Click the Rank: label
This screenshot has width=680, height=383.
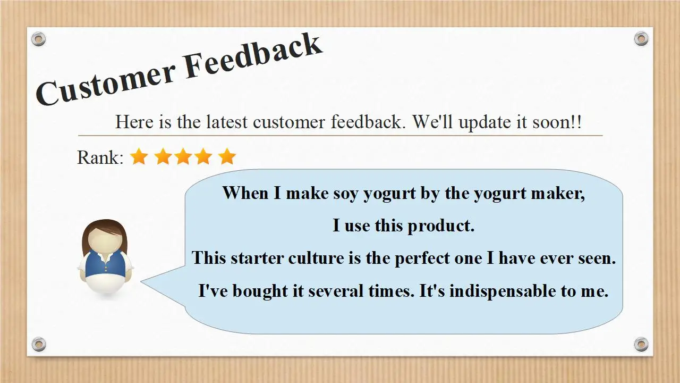pyautogui.click(x=100, y=157)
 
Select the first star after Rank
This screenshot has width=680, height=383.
pyautogui.click(x=139, y=157)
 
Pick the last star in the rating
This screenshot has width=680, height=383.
pyautogui.click(x=227, y=157)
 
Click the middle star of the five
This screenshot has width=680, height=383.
pyautogui.click(x=183, y=157)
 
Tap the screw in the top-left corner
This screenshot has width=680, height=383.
pyautogui.click(x=39, y=39)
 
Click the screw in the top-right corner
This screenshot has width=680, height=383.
pyautogui.click(x=641, y=39)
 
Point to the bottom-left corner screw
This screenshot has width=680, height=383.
pyautogui.click(x=39, y=344)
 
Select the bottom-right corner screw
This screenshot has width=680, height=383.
pyautogui.click(x=641, y=344)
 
